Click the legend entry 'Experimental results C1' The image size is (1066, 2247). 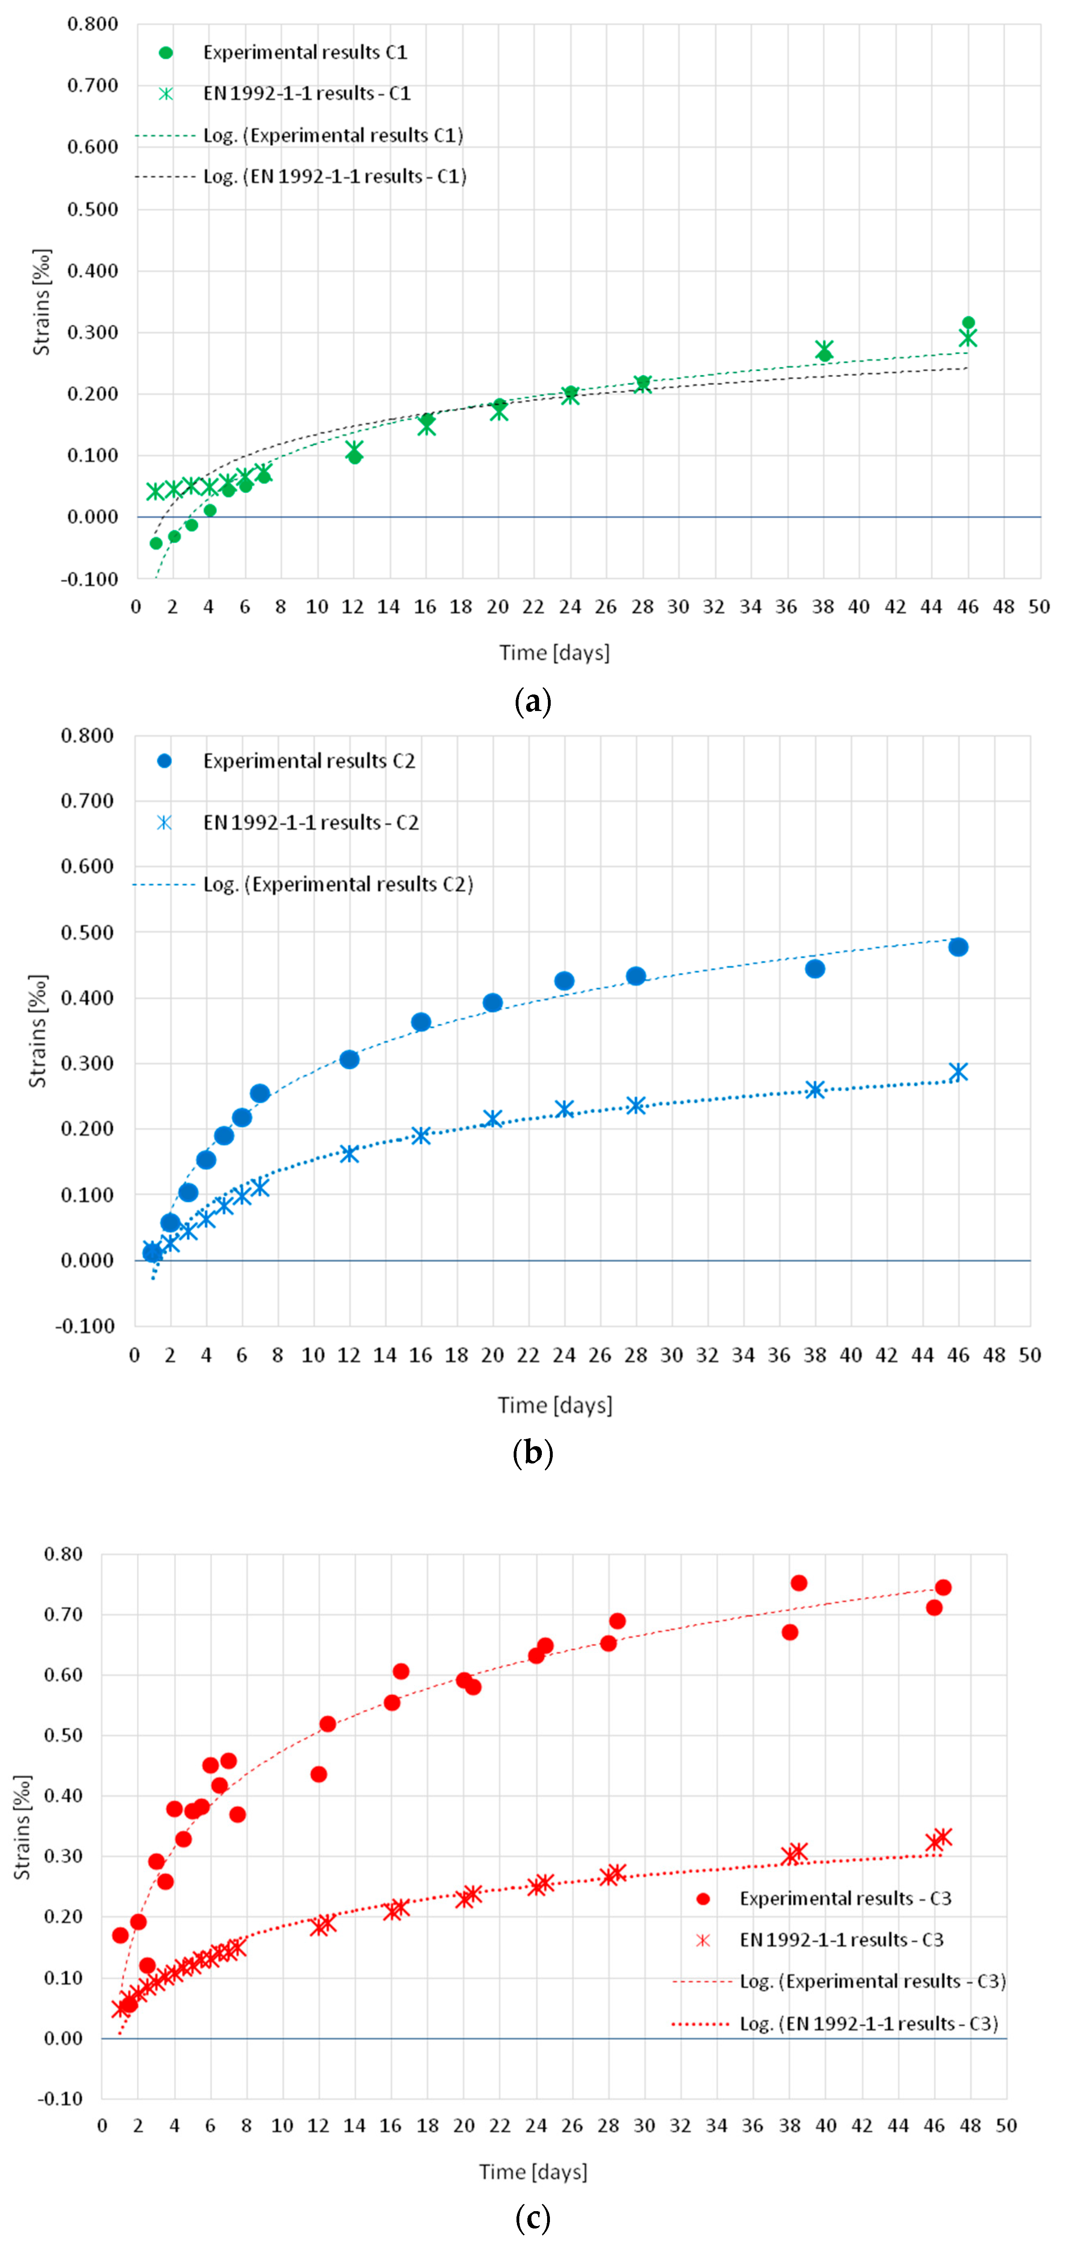tap(305, 52)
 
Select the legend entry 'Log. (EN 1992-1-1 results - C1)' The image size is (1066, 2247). tap(334, 176)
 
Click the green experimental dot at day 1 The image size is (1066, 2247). tap(156, 543)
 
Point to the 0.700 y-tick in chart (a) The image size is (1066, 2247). tap(93, 85)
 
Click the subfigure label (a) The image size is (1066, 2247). tap(533, 701)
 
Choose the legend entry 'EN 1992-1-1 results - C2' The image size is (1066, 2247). tap(311, 823)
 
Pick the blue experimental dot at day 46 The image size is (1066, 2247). tap(958, 947)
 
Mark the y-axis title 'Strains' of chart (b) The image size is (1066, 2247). tap(37, 1031)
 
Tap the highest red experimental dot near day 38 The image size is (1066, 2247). tap(798, 1583)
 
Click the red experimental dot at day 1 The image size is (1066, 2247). tap(120, 1936)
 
